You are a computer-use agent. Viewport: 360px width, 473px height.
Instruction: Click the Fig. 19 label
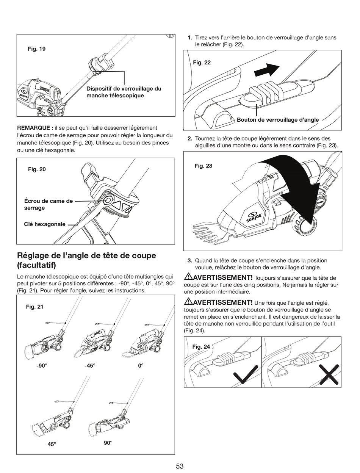tap(37, 49)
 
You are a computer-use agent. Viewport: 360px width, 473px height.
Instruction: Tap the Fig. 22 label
tap(202, 63)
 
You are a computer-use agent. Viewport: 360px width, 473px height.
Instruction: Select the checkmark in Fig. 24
tap(246, 374)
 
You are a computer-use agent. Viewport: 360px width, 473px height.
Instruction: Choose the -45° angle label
tap(90, 366)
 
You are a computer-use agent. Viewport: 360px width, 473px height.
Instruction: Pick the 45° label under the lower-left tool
tap(52, 444)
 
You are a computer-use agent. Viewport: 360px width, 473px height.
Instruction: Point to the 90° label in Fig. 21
tap(108, 443)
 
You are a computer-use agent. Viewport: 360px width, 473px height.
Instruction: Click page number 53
tap(180, 466)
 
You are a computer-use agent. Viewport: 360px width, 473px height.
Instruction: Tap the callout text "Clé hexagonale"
tap(45, 224)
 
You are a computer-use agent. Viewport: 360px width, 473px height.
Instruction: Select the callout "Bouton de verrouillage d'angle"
tap(278, 120)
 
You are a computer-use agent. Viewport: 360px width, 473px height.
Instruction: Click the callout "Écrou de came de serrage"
tap(48, 204)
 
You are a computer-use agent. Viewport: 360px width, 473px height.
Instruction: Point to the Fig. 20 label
tap(37, 169)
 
